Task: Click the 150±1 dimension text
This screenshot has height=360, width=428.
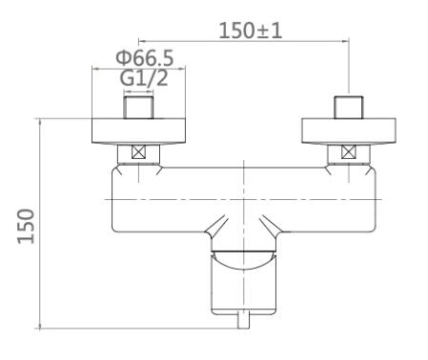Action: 251,30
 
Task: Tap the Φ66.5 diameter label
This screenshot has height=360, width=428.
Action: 145,58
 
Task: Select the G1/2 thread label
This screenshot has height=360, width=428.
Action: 144,78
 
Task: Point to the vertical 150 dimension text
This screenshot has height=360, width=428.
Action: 26,226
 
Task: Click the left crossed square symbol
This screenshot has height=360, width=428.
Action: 138,151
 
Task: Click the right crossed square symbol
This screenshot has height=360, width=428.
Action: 349,151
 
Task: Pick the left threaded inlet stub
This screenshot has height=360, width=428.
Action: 138,108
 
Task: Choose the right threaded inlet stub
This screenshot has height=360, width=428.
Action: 349,108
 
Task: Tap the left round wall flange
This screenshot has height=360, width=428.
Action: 138,130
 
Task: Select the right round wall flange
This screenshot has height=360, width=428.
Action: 349,130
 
